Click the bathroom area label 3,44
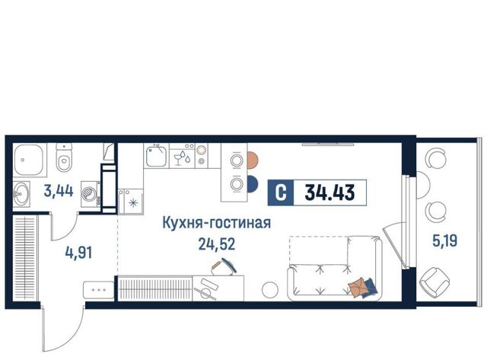click(x=59, y=191)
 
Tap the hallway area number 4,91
click(x=78, y=253)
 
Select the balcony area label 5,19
click(x=444, y=240)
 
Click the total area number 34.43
click(x=329, y=193)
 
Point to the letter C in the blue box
click(x=281, y=193)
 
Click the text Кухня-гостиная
click(x=216, y=223)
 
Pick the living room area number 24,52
click(x=216, y=244)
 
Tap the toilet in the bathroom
click(x=64, y=158)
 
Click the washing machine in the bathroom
click(x=91, y=194)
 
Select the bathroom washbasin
click(x=21, y=194)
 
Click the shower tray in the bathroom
click(x=28, y=159)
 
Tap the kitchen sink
click(x=156, y=156)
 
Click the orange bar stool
click(x=253, y=161)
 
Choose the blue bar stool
click(x=253, y=184)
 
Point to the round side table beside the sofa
click(x=270, y=290)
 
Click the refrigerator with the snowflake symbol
click(x=131, y=202)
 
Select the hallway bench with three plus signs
click(x=99, y=290)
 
